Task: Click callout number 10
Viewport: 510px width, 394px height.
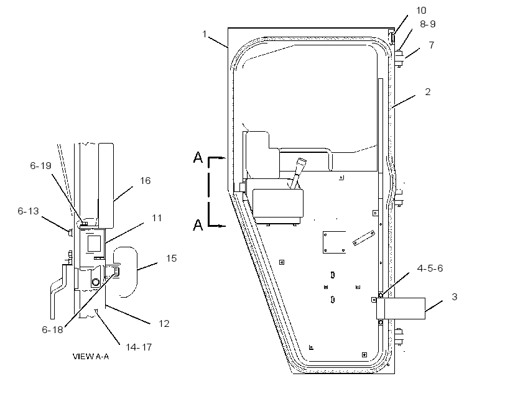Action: coord(421,11)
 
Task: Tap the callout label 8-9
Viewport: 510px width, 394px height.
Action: coord(427,24)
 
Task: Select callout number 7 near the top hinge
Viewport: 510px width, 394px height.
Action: coord(431,45)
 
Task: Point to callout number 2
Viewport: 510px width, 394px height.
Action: coord(428,92)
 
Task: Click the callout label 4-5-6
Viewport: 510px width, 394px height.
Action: coord(430,268)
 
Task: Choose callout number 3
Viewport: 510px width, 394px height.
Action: coord(455,297)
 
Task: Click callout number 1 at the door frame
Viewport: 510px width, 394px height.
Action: coord(204,34)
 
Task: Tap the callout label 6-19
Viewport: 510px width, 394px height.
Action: coord(40,166)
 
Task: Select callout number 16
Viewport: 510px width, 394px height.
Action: coord(145,181)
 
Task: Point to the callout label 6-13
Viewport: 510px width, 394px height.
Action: coord(28,211)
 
